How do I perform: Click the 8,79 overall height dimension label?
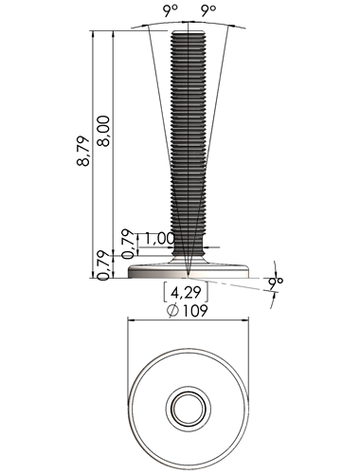pyautogui.click(x=83, y=151)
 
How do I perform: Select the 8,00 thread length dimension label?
pyautogui.click(x=103, y=131)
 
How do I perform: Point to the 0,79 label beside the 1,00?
pyautogui.click(x=128, y=243)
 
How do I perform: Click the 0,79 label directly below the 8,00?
pyautogui.click(x=103, y=265)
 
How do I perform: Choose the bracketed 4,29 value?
pyautogui.click(x=186, y=293)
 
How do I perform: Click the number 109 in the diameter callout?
pyautogui.click(x=195, y=311)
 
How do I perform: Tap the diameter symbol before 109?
pyautogui.click(x=173, y=311)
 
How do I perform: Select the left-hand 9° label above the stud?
pyautogui.click(x=171, y=11)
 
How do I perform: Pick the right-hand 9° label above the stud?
pyautogui.click(x=208, y=11)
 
